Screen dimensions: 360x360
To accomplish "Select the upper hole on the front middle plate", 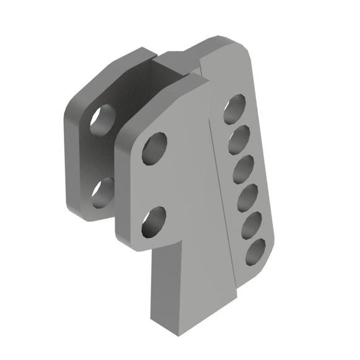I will (x=155, y=148).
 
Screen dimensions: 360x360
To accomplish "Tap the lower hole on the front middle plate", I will (x=154, y=222).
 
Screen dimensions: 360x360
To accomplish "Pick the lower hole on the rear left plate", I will (x=102, y=193).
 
